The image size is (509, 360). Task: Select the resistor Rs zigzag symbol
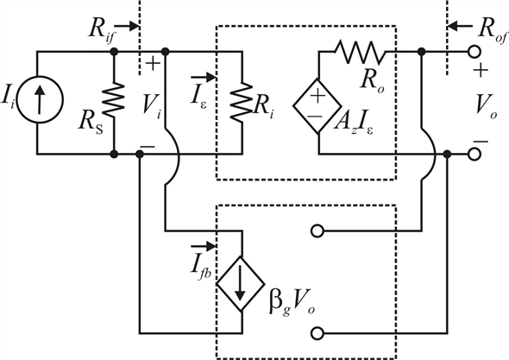(114, 99)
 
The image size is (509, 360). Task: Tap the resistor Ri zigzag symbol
(242, 102)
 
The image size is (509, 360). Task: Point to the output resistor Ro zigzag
(360, 52)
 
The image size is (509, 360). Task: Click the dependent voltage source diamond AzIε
(317, 106)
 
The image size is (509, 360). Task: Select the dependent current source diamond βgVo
(241, 284)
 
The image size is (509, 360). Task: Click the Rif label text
(101, 30)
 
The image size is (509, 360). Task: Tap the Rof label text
(492, 30)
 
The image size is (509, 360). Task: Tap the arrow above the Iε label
(204, 78)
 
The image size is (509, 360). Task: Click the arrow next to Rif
(127, 26)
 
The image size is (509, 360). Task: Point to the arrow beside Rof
(460, 26)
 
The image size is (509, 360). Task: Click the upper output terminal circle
(474, 52)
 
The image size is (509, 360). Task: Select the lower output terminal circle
(474, 155)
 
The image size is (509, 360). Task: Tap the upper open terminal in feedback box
(317, 231)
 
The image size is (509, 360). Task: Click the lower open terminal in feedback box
(317, 333)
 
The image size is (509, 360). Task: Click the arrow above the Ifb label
(204, 246)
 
